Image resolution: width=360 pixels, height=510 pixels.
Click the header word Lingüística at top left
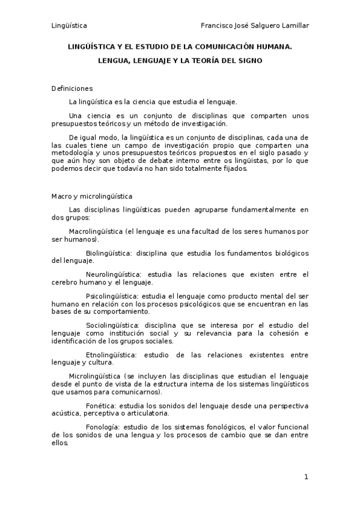click(x=69, y=25)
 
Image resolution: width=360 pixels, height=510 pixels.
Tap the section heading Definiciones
click(x=72, y=88)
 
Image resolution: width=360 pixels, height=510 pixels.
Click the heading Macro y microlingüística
click(x=92, y=197)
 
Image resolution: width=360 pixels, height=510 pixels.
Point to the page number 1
click(x=306, y=477)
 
